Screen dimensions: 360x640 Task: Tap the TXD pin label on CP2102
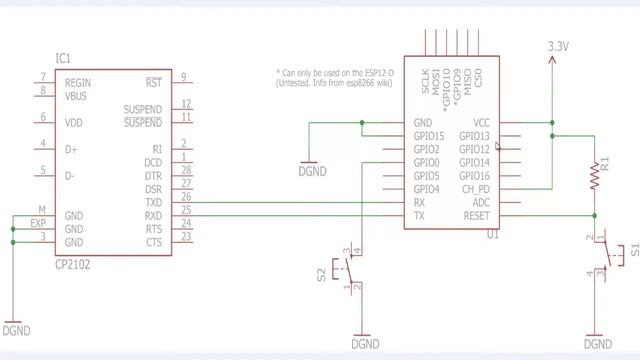(153, 201)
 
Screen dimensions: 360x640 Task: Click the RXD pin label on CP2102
(153, 215)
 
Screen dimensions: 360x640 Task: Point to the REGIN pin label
(80, 82)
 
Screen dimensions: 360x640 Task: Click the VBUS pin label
(78, 95)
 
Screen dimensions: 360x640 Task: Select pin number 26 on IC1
(186, 197)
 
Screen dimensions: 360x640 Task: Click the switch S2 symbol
(348, 271)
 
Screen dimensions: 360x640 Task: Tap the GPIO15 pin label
(428, 137)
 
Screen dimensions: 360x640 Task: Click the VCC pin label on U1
(480, 124)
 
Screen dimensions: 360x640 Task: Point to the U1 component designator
(492, 235)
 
